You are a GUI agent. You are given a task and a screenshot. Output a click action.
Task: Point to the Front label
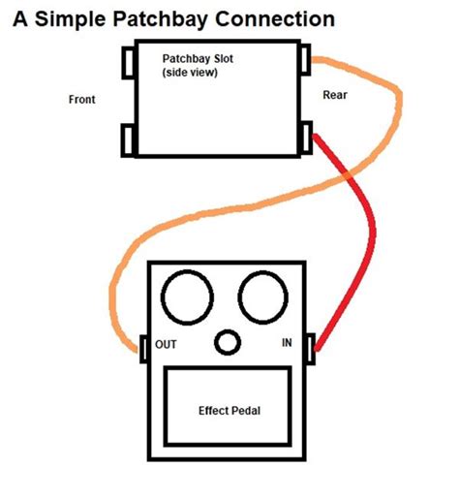pyautogui.click(x=82, y=99)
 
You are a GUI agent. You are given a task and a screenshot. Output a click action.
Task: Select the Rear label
pyautogui.click(x=335, y=94)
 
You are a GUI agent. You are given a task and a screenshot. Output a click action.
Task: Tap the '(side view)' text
pyautogui.click(x=189, y=73)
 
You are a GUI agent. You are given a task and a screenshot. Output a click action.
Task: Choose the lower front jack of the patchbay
pyautogui.click(x=128, y=139)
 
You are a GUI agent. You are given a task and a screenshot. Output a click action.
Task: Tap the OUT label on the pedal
pyautogui.click(x=167, y=343)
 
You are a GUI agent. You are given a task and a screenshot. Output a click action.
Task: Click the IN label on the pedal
pyautogui.click(x=287, y=343)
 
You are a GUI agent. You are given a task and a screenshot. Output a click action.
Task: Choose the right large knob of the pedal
pyautogui.click(x=260, y=296)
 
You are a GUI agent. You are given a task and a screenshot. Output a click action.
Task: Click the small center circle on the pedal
pyautogui.click(x=228, y=343)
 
